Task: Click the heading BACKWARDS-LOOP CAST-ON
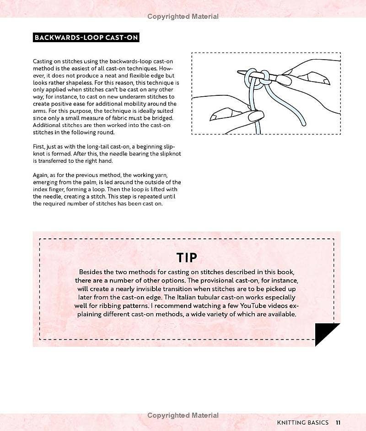point(86,38)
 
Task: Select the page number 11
point(338,422)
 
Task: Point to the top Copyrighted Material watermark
point(183,17)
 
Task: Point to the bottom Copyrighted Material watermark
point(183,415)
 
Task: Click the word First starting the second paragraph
point(39,145)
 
